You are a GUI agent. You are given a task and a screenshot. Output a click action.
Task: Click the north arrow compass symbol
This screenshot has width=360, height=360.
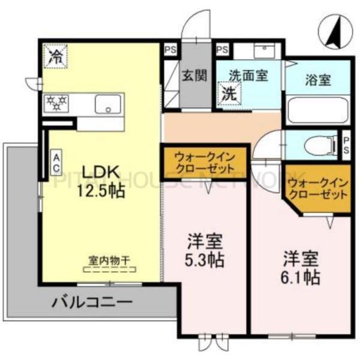click(x=332, y=33)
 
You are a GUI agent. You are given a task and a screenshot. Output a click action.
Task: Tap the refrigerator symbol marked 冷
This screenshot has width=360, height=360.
click(x=56, y=58)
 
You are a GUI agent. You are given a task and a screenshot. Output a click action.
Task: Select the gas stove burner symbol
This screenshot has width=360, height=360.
click(x=57, y=104)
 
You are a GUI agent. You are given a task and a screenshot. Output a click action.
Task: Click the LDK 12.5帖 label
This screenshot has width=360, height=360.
click(x=100, y=182)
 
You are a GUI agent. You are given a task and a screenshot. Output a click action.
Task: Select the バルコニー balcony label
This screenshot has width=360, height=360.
click(x=91, y=301)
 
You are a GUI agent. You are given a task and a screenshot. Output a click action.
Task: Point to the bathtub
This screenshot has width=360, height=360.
click(x=316, y=110)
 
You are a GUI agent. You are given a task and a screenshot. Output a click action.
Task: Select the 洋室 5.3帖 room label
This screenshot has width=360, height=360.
click(x=205, y=252)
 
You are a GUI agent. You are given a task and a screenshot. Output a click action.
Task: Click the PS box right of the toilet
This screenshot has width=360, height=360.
click(x=346, y=145)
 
